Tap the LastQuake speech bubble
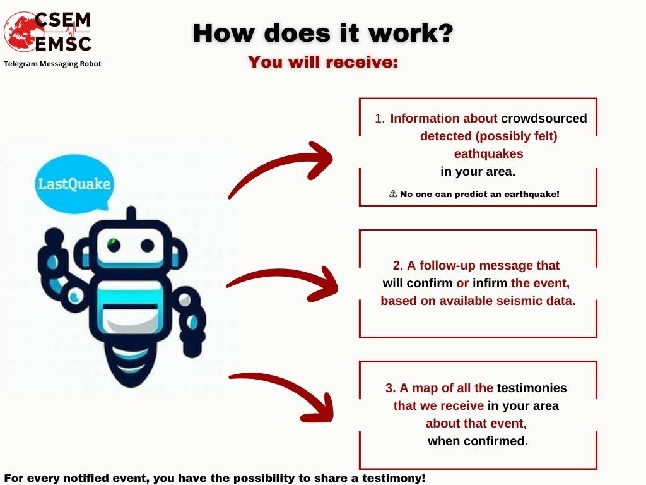[x=74, y=184]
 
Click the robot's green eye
[x=114, y=244]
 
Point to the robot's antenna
[x=131, y=213]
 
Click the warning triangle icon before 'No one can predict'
[x=393, y=194]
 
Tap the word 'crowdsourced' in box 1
[x=544, y=118]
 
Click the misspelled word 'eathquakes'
[x=489, y=154]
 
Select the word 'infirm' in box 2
[x=490, y=284]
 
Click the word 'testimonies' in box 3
[x=532, y=388]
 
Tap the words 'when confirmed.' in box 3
[x=478, y=441]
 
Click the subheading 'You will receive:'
[x=324, y=62]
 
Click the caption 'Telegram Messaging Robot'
[x=53, y=64]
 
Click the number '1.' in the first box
[x=380, y=119]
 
